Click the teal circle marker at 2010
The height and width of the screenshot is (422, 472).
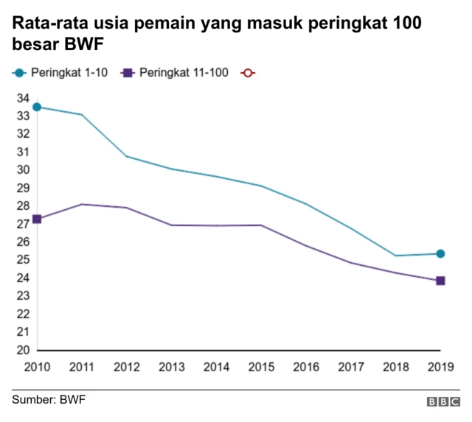pos(37,107)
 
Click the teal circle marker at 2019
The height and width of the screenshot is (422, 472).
pos(440,254)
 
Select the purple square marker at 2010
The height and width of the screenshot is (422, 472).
pos(37,219)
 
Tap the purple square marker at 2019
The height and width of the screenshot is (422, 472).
pos(440,281)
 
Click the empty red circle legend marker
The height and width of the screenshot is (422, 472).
pos(248,72)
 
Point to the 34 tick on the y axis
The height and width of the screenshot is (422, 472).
pos(23,98)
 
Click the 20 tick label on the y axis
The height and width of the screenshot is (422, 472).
pos(23,350)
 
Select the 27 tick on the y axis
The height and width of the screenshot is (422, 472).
pos(23,224)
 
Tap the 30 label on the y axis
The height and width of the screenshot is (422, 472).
pos(23,170)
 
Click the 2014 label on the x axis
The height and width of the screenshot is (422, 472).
pos(216,366)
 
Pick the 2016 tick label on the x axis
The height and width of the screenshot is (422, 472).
pos(306,366)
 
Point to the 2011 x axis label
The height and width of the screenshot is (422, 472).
pos(82,366)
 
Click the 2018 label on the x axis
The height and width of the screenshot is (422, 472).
pos(396,366)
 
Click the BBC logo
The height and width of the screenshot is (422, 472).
pos(442,401)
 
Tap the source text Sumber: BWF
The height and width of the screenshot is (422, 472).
pos(44,400)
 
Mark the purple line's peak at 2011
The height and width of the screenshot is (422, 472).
pos(82,204)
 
